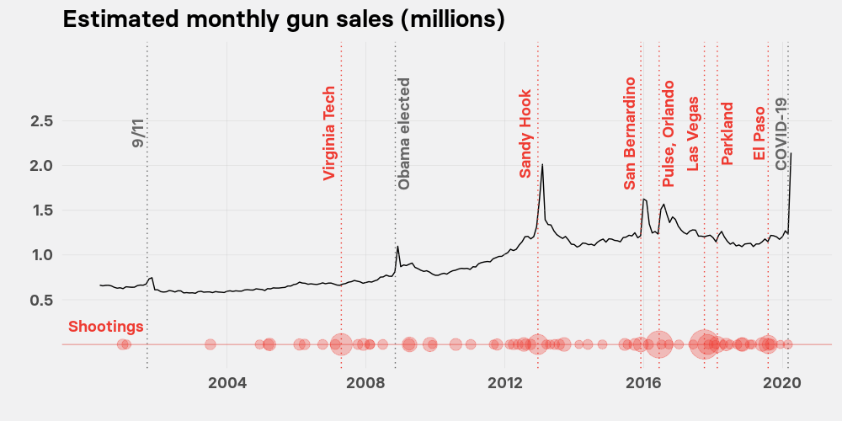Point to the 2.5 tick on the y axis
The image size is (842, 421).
tap(42, 121)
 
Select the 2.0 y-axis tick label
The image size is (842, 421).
tap(42, 166)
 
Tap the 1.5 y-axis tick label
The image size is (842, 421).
tap(42, 210)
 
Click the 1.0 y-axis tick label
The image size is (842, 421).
tap(42, 255)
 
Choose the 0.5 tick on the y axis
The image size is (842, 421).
tap(42, 300)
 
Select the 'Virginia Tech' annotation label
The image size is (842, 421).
tap(329, 133)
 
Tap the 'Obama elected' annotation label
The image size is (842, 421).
tap(404, 134)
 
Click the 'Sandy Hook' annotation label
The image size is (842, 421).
tap(525, 134)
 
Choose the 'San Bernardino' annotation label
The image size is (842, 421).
tap(630, 133)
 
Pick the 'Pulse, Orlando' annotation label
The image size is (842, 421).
tap(669, 134)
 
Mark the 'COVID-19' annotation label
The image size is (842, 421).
tap(781, 134)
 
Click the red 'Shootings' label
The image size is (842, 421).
tap(105, 327)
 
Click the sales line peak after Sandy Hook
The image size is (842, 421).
tap(542, 164)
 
